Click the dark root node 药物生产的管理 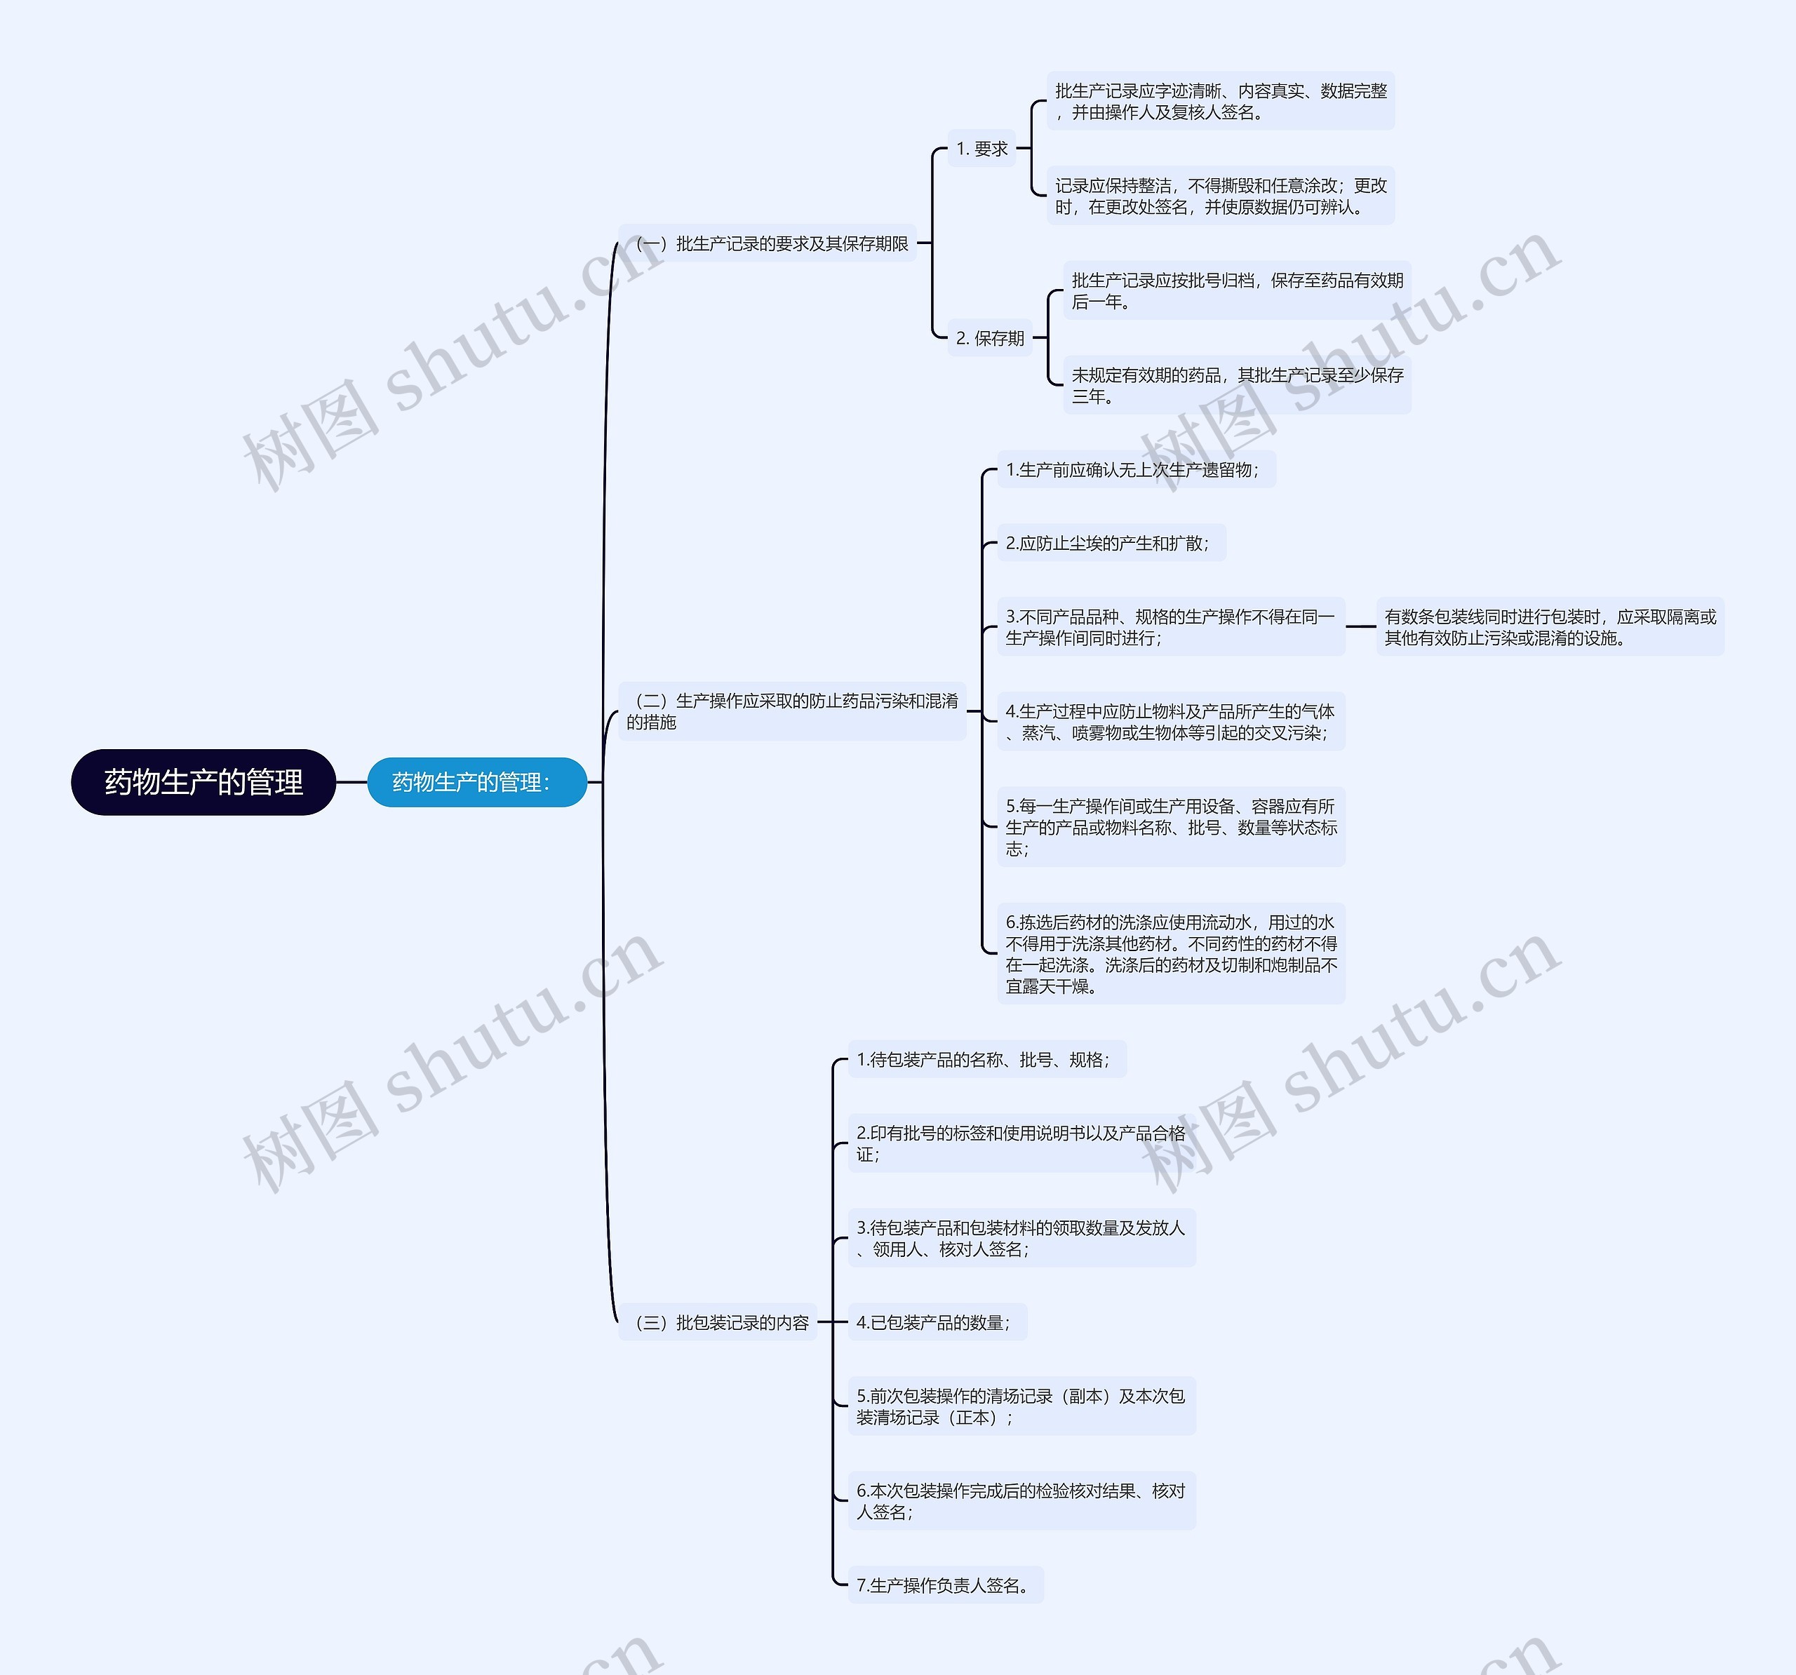coord(203,781)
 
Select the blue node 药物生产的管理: coord(476,781)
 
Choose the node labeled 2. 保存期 coord(989,339)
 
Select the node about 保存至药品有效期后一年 coord(1236,291)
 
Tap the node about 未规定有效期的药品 coord(1236,386)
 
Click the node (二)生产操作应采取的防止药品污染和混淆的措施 coord(791,711)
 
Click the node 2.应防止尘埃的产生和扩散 coord(1111,543)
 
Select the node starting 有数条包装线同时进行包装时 coord(1549,627)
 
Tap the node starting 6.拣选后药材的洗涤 coord(1171,954)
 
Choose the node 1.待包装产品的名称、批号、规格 coord(986,1060)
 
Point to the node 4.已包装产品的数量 coord(937,1323)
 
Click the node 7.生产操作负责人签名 coord(945,1585)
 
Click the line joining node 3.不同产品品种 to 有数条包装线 coord(1360,626)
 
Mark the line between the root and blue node coord(351,782)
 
